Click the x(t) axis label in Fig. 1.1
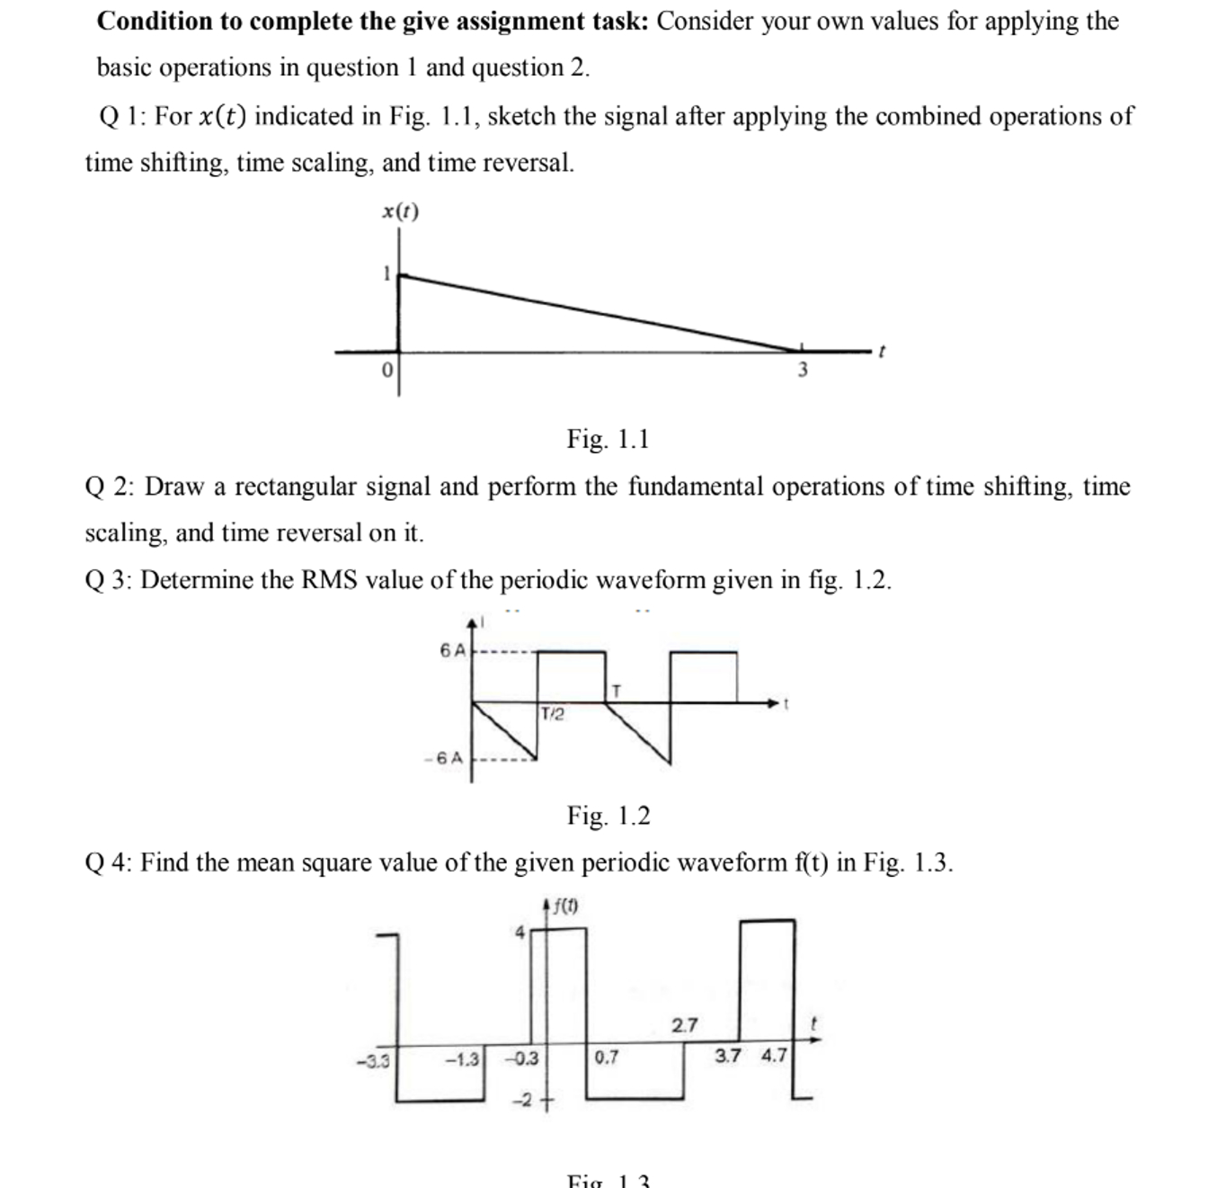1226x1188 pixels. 400,211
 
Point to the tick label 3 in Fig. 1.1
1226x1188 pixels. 803,370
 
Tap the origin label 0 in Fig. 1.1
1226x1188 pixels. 386,370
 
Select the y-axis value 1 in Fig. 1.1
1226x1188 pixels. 386,273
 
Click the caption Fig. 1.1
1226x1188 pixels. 608,439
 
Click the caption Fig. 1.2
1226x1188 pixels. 609,816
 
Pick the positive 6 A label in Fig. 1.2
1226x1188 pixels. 453,650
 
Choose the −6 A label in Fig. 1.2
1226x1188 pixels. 445,758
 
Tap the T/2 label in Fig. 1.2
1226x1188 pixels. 553,714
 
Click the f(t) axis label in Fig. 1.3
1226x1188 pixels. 564,906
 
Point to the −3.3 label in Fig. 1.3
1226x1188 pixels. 373,1060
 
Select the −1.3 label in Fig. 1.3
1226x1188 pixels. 463,1059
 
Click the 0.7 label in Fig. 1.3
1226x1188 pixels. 607,1058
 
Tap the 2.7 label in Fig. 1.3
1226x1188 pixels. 684,1025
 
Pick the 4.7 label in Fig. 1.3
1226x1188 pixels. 774,1055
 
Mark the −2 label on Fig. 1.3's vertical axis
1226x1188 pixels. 523,1100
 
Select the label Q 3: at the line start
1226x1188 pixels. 109,580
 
